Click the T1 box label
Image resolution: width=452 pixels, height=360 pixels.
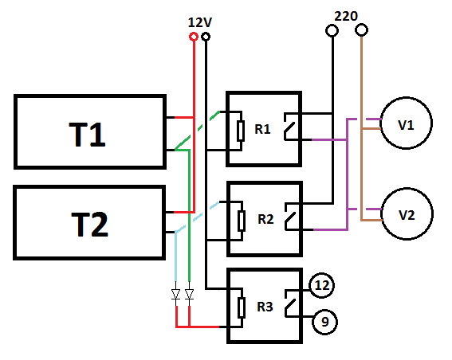click(x=87, y=135)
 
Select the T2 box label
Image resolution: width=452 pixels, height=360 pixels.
click(x=89, y=225)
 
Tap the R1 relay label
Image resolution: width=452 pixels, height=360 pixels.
click(x=262, y=129)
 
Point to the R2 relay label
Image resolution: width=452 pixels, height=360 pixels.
click(x=265, y=219)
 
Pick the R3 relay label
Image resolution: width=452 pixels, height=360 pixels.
click(x=265, y=307)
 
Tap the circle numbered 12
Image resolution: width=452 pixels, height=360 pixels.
click(x=322, y=274)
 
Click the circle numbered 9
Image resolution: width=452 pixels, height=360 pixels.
click(x=325, y=310)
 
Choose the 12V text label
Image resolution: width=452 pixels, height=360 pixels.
click(x=200, y=22)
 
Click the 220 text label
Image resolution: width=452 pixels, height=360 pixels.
click(x=346, y=16)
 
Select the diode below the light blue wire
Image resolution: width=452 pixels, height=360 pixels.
click(x=175, y=295)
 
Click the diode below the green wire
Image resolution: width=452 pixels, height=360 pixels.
click(x=189, y=295)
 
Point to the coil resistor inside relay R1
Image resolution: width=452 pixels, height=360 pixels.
click(x=241, y=131)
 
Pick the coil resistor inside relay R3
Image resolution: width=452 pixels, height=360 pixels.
click(x=242, y=308)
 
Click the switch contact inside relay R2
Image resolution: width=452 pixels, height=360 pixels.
click(x=290, y=217)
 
